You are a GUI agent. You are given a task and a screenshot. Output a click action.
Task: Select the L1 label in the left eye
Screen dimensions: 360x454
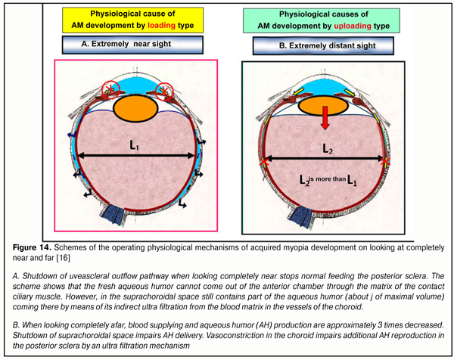(133, 144)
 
